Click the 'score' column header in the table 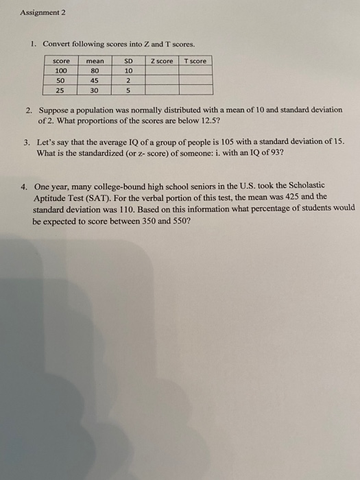click(x=60, y=61)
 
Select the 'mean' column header click(x=95, y=61)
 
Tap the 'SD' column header click(x=127, y=61)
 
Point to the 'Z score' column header click(x=160, y=61)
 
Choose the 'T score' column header click(x=195, y=61)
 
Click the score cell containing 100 click(x=60, y=70)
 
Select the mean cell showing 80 click(x=95, y=70)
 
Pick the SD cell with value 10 click(x=127, y=70)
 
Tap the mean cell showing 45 click(x=95, y=80)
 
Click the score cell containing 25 click(x=60, y=89)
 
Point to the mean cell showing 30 click(x=95, y=89)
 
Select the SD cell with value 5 click(x=127, y=89)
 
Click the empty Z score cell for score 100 click(x=160, y=70)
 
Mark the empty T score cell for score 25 click(x=195, y=89)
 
